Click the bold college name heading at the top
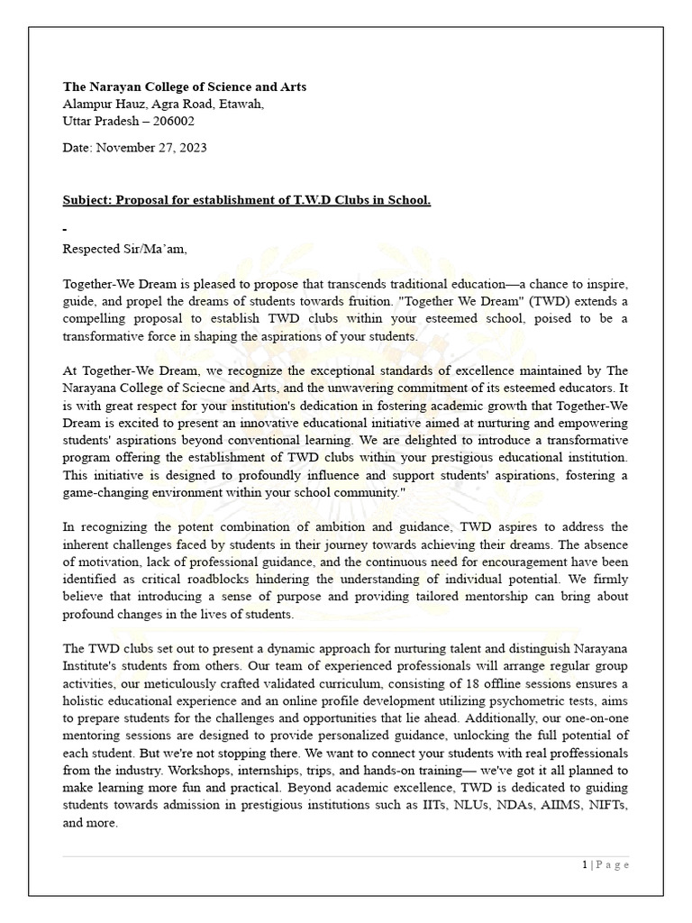[x=184, y=87]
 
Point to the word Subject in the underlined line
[x=86, y=199]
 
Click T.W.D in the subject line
[x=311, y=199]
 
